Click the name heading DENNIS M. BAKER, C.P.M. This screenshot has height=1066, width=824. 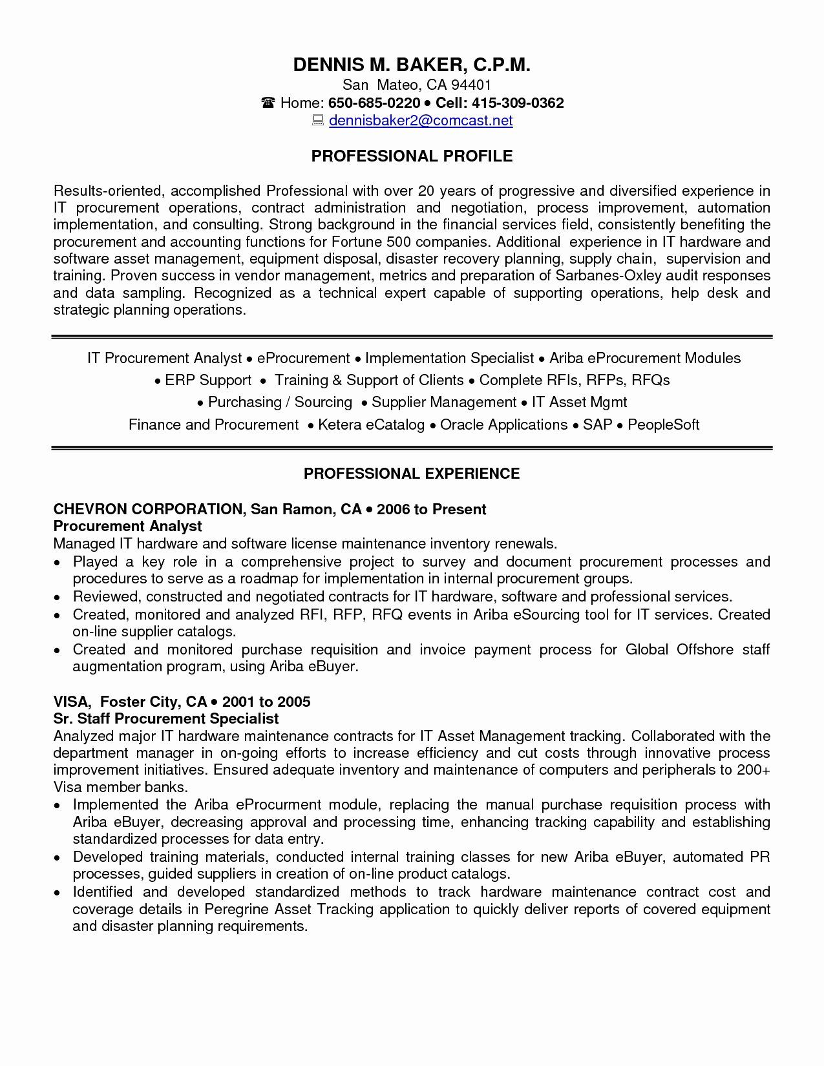412,64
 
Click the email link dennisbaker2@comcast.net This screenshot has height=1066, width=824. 421,120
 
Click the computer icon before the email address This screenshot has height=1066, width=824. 318,121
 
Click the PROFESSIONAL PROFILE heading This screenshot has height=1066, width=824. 412,156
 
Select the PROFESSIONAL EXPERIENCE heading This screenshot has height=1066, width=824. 412,474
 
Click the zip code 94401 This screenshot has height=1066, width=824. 471,85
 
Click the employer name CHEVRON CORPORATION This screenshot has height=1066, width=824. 147,509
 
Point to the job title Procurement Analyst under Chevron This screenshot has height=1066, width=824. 128,526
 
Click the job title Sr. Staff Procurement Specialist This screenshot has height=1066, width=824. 166,718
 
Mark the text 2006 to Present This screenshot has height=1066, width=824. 431,509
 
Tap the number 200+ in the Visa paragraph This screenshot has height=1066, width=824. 753,770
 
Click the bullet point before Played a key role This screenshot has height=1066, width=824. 58,563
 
